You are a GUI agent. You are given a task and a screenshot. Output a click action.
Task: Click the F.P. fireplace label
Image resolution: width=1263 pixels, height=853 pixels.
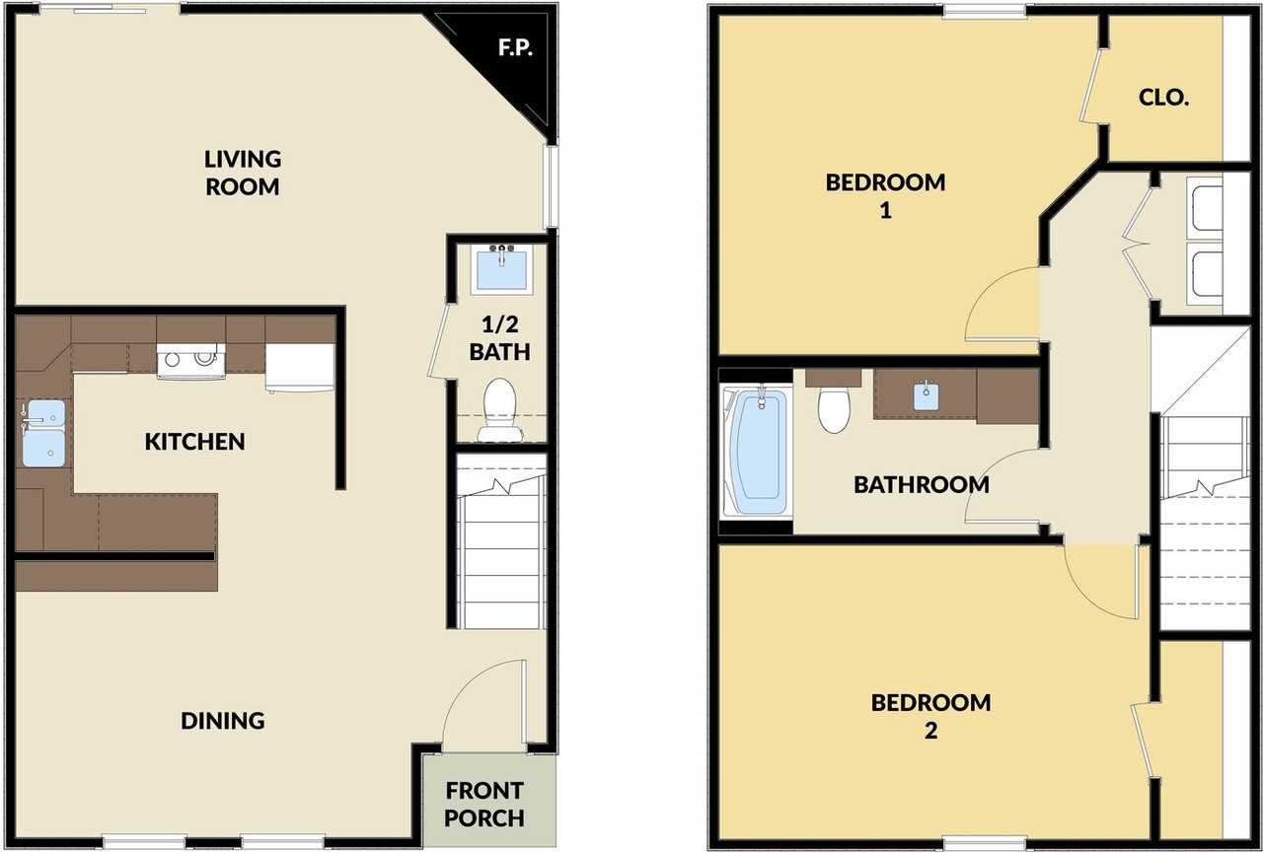[x=515, y=48]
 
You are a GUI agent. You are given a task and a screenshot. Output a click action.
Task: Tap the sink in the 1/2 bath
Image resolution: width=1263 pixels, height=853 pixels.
[x=502, y=269]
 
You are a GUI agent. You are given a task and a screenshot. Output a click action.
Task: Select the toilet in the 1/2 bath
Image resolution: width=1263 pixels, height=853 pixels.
[x=500, y=409]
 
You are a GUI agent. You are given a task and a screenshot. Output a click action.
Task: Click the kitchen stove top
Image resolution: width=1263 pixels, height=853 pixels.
[x=191, y=361]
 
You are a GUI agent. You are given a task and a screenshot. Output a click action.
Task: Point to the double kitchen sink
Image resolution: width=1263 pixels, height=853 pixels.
[x=43, y=433]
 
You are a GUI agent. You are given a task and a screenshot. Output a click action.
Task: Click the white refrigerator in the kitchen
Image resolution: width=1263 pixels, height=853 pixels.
[x=301, y=368]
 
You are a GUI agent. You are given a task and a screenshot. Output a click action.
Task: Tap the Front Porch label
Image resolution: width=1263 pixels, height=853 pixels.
[x=484, y=804]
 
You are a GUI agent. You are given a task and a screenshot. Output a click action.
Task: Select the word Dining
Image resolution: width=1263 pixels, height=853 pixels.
[x=223, y=721]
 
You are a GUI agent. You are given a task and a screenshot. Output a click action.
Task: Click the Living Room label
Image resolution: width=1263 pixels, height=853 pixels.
[x=243, y=173]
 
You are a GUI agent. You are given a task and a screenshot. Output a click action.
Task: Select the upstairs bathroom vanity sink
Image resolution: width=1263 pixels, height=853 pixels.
[x=927, y=395]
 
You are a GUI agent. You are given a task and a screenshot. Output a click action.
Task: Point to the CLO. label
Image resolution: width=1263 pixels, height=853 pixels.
[x=1163, y=98]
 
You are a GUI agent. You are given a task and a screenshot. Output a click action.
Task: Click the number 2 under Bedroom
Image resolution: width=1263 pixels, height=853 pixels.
[x=930, y=731]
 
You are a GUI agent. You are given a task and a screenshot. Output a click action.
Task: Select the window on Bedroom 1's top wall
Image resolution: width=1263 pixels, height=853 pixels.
[x=984, y=10]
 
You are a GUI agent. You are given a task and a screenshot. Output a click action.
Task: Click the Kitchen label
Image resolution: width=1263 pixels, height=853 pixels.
[x=195, y=442]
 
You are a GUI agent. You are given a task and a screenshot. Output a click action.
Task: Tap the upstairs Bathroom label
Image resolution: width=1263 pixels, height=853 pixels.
[x=922, y=484]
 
